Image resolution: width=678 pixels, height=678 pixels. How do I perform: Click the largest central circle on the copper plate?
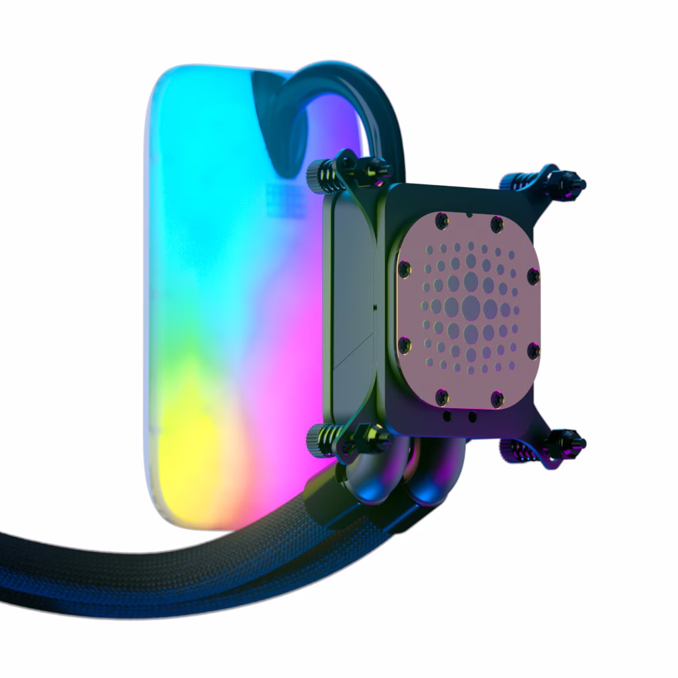coord(471,308)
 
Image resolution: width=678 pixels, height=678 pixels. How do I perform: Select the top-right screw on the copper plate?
coord(497,222)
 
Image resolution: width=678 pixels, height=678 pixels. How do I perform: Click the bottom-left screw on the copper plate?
coord(442,394)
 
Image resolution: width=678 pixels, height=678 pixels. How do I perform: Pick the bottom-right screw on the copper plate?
coord(497,396)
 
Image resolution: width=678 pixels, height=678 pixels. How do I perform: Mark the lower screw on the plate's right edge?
coord(533,350)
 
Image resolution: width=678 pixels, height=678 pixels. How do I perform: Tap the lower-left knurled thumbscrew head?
coord(316,434)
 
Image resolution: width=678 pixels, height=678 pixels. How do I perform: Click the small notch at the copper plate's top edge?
coord(469,214)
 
